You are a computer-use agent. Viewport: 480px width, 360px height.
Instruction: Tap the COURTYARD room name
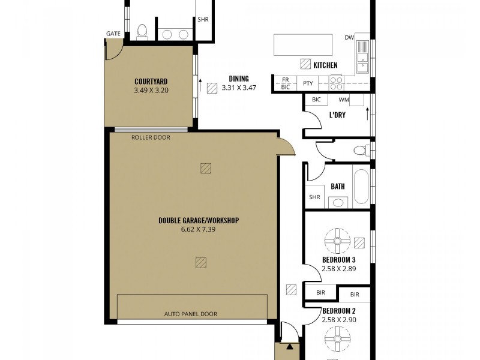151,82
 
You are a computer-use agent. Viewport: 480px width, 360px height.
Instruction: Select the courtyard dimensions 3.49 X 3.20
151,91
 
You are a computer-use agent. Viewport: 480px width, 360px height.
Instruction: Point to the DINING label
238,79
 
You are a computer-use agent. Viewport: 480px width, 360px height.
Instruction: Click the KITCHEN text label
325,65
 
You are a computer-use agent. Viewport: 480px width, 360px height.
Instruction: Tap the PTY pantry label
308,83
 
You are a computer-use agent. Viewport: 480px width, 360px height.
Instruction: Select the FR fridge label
285,80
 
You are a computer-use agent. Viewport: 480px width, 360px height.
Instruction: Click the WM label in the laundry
344,100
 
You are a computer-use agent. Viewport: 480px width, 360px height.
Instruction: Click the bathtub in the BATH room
361,187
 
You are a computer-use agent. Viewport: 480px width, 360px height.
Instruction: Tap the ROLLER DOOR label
151,137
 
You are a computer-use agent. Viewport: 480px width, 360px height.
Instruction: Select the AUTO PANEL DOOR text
191,314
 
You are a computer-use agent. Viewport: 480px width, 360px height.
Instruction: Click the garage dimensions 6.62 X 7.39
199,229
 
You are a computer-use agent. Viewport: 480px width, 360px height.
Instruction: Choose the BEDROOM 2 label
340,311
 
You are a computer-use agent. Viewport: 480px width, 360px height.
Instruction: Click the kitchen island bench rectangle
303,44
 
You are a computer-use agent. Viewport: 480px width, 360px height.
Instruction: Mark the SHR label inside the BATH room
314,197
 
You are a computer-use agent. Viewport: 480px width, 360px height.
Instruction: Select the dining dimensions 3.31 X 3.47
239,88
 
